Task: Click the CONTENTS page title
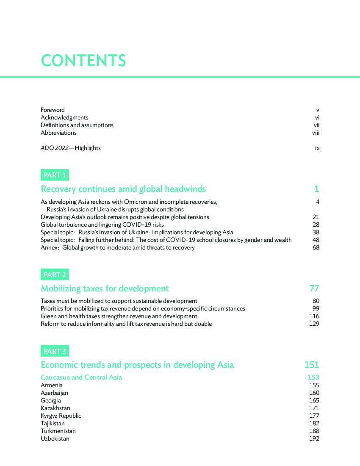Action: pyautogui.click(x=83, y=60)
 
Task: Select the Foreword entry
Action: pyautogui.click(x=53, y=110)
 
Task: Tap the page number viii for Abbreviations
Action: pyautogui.click(x=316, y=133)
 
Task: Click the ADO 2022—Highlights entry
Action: pyautogui.click(x=71, y=148)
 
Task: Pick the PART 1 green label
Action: pyautogui.click(x=55, y=175)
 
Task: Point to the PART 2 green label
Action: pyautogui.click(x=55, y=275)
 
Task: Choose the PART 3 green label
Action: pyautogui.click(x=55, y=351)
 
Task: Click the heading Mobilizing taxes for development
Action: pyautogui.click(x=105, y=288)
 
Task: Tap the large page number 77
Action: pyautogui.click(x=314, y=288)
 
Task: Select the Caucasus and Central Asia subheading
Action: pyautogui.click(x=81, y=377)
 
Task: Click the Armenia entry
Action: pyautogui.click(x=52, y=385)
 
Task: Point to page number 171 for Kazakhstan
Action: pyautogui.click(x=314, y=408)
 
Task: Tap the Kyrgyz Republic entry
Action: pyautogui.click(x=61, y=416)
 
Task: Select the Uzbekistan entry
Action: pyautogui.click(x=55, y=438)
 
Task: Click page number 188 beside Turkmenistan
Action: pyautogui.click(x=314, y=431)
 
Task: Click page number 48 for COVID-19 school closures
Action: pyautogui.click(x=316, y=240)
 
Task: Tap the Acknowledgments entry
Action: pyautogui.click(x=64, y=117)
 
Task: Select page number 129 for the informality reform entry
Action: pyautogui.click(x=314, y=324)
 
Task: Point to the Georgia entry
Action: pyautogui.click(x=51, y=400)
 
